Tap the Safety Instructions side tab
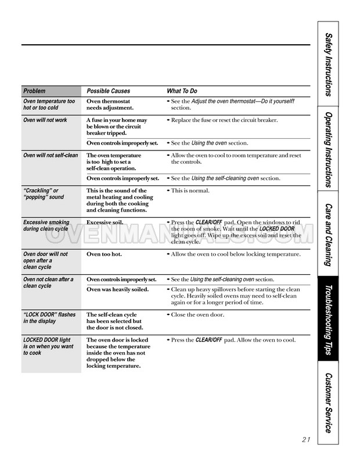pyautogui.click(x=329, y=63)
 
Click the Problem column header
pyautogui.click(x=34, y=91)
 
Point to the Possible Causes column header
pyautogui.click(x=109, y=91)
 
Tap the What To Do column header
pyautogui.click(x=182, y=91)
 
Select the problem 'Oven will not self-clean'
pyautogui.click(x=51, y=155)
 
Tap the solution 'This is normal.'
pyautogui.click(x=190, y=191)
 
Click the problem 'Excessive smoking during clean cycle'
pyautogui.click(x=46, y=225)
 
